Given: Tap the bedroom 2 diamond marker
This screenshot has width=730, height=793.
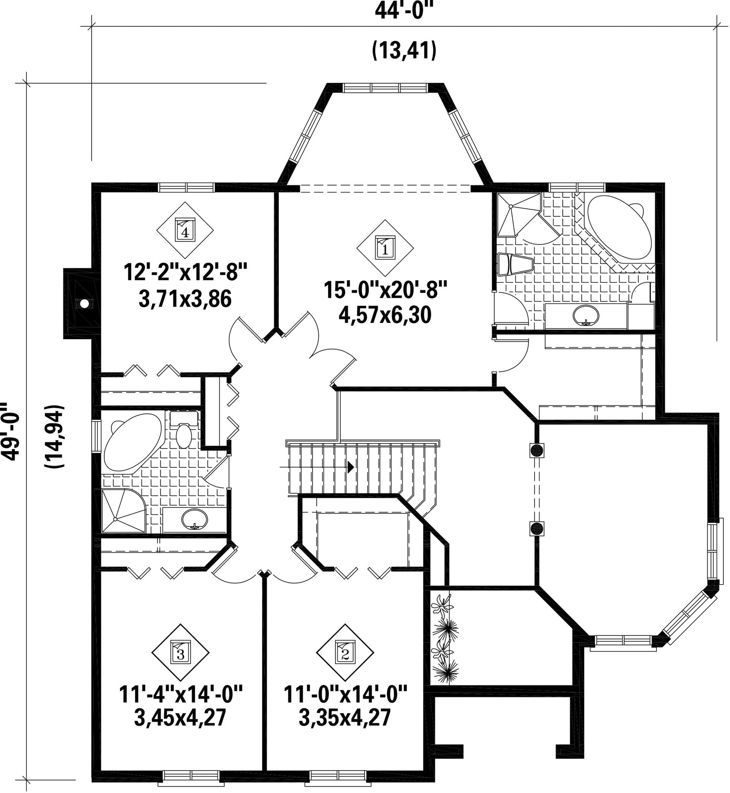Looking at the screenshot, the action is coord(345,652).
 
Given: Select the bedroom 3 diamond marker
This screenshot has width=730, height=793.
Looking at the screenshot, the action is coord(181,652).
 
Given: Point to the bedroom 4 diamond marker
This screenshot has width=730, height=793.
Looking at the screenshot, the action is coord(185,230).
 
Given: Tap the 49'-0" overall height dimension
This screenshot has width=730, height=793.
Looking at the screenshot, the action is coord(10,431).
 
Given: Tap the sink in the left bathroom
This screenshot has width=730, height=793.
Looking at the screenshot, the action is coord(194,519).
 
